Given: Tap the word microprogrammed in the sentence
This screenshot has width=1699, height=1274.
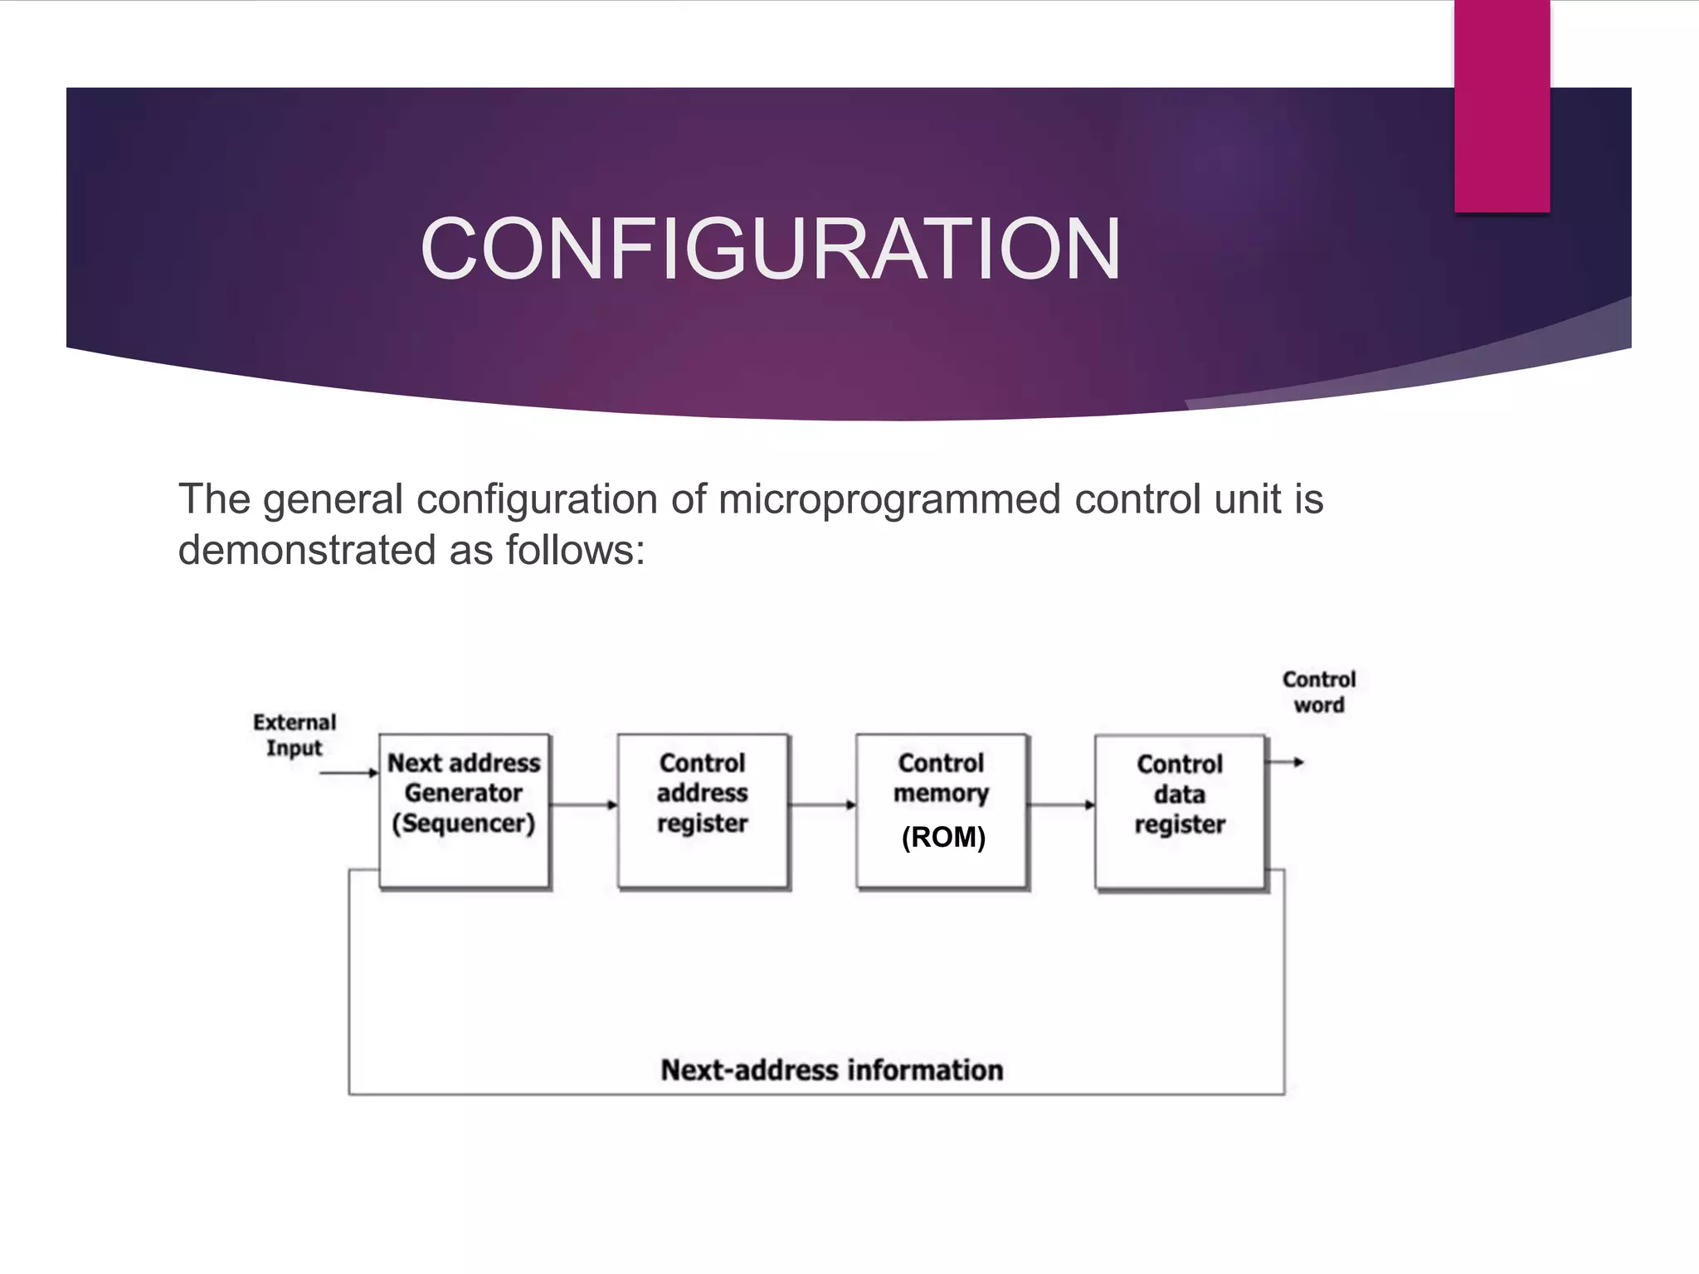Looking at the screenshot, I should point(889,499).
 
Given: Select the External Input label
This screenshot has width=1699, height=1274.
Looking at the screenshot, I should point(295,735).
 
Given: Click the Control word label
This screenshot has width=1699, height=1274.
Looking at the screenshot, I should point(1318,692).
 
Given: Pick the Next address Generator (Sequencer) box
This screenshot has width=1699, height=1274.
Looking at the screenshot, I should point(464,811).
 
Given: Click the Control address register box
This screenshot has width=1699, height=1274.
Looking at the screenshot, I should point(703,811).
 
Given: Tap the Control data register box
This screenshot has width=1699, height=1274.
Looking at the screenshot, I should point(1180,812).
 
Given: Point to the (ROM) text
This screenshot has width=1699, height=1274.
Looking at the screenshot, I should point(943,837).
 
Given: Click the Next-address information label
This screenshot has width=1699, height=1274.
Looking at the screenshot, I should point(831,1070).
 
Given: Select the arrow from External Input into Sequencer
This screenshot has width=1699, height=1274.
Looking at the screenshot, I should point(348,773).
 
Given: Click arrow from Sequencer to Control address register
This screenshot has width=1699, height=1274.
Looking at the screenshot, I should point(584,805).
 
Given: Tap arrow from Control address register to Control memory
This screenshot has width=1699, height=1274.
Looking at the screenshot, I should point(822,805).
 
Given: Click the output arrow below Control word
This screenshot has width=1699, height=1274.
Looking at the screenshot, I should point(1287,762).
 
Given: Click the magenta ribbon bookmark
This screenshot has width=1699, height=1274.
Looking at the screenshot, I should point(1502,106).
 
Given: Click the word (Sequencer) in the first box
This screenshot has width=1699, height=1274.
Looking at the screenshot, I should point(464,824).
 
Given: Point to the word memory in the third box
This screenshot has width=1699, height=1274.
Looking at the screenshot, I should point(941,794).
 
